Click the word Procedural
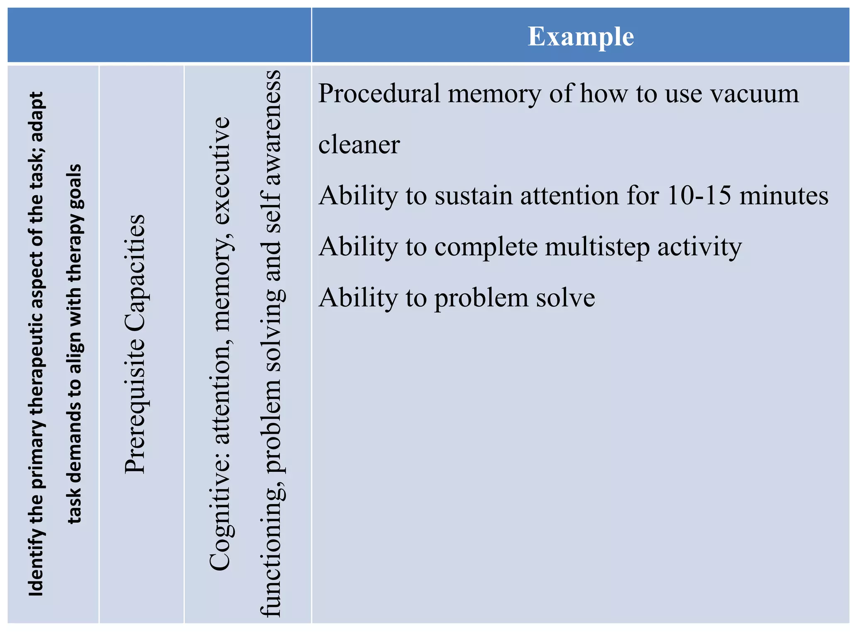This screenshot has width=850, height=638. [x=379, y=93]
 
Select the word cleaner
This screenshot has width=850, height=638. [x=359, y=145]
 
